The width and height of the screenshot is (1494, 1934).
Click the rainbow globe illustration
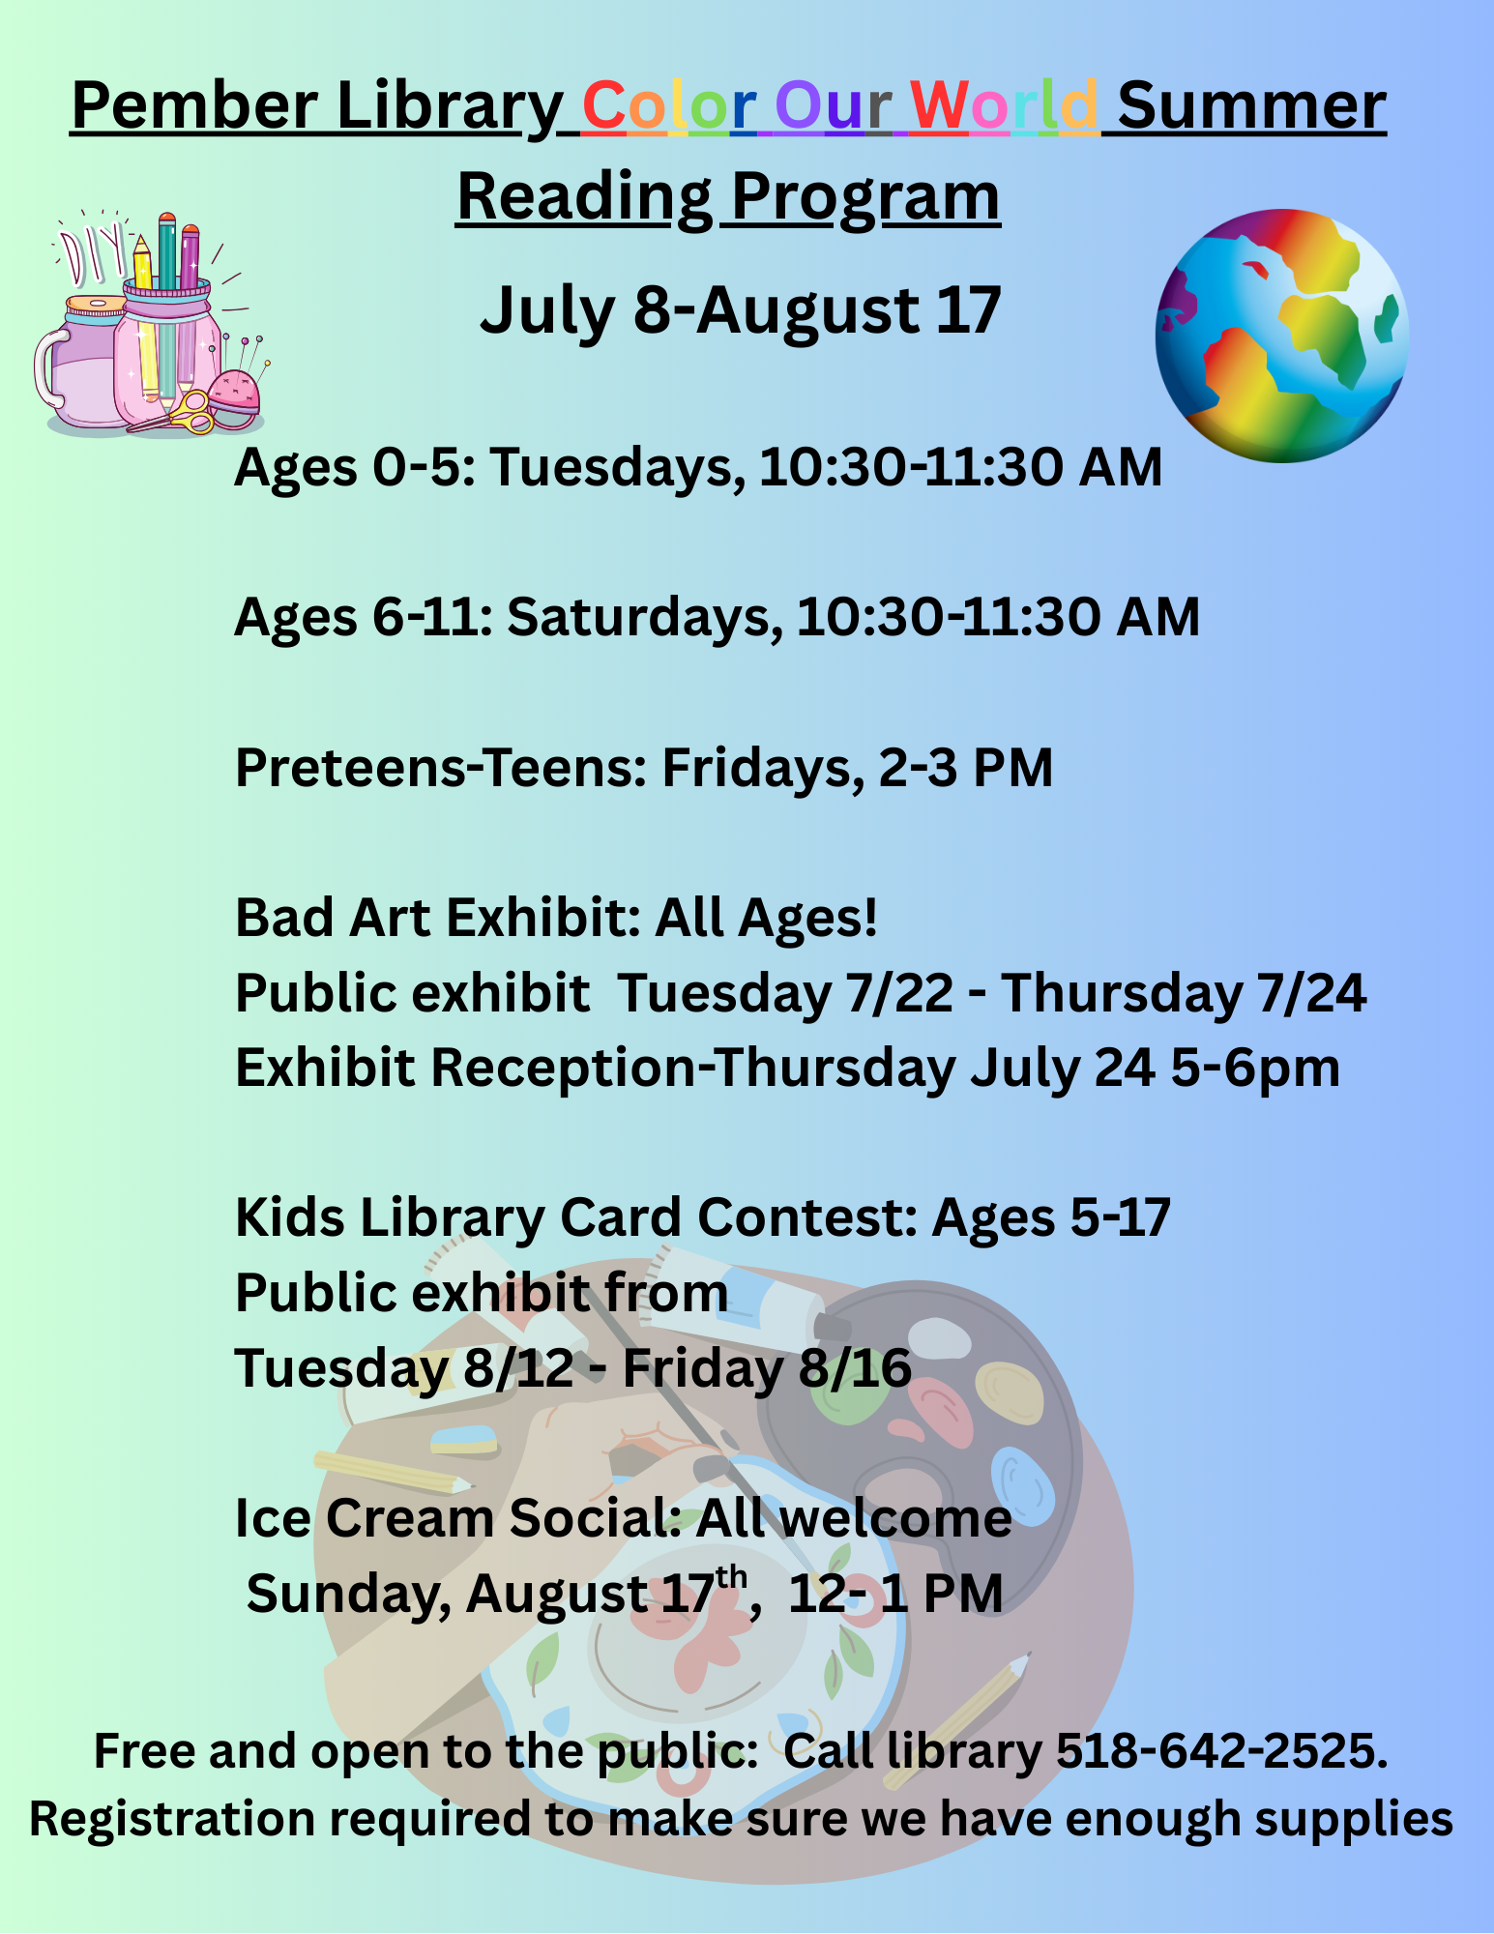(x=1282, y=336)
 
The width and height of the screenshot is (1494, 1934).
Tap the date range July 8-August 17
(x=741, y=310)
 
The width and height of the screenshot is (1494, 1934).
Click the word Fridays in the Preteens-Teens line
(x=763, y=769)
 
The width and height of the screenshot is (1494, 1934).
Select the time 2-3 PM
(x=966, y=769)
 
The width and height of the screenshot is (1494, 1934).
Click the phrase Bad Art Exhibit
(x=438, y=918)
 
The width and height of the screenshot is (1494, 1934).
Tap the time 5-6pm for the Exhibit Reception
(x=1255, y=1070)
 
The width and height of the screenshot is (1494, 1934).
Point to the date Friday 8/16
(x=767, y=1368)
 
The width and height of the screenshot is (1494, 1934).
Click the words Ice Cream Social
(x=459, y=1518)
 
